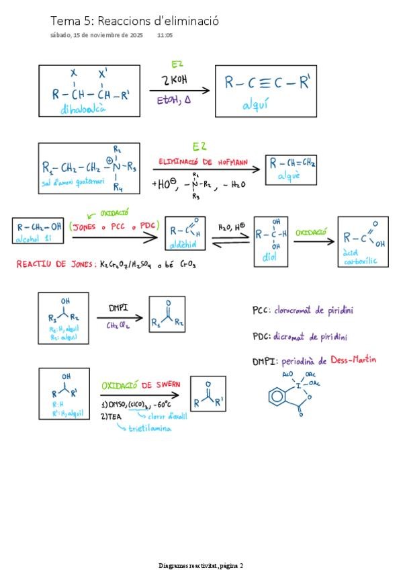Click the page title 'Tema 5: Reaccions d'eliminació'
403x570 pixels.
tap(134, 21)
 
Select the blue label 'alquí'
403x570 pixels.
tap(256, 106)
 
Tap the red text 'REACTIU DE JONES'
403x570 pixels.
tap(55, 265)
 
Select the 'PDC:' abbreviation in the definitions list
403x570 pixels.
tap(261, 337)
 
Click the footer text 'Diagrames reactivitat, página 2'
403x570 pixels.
tap(201, 565)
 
